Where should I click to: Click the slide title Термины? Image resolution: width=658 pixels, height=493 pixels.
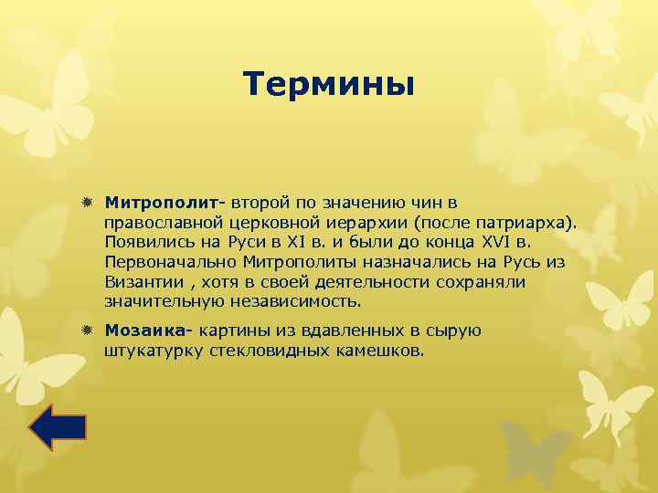pos(329,85)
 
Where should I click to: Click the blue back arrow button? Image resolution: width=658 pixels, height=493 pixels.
pos(58,427)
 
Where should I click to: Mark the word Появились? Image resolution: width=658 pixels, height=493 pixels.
pos(145,241)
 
